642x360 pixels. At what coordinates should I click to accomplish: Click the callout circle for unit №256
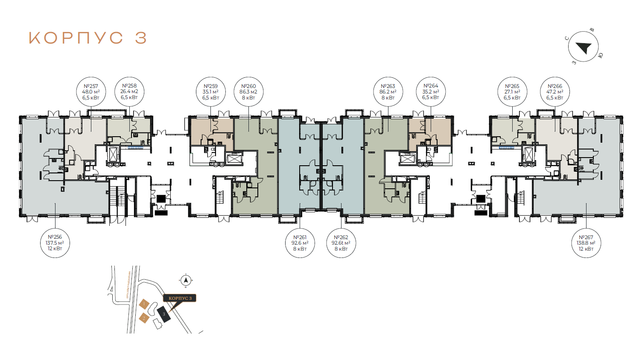pos(55,243)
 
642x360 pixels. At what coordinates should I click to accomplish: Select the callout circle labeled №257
pos(91,92)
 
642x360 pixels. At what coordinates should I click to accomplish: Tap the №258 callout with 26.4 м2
pos(129,92)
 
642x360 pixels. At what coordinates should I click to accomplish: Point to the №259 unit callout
pos(210,92)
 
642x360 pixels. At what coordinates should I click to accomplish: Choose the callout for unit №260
pos(248,92)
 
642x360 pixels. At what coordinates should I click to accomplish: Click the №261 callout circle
pos(300,243)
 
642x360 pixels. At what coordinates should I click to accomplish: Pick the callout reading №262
pos(341,243)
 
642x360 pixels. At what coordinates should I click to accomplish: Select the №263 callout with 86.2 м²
pos(388,92)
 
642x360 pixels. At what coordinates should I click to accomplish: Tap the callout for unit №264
pos(431,92)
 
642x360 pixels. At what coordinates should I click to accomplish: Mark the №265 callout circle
pos(512,92)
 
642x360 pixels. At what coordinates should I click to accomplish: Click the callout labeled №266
pos(555,92)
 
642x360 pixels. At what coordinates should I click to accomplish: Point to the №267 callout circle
pos(586,243)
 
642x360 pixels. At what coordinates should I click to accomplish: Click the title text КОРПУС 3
pos(88,38)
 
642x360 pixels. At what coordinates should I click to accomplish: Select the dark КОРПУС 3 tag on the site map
pos(180,298)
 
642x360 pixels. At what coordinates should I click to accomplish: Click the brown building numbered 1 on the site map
pos(144,304)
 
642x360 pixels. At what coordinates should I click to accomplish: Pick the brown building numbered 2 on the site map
pos(144,318)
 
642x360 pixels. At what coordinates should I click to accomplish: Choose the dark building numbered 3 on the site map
pos(163,314)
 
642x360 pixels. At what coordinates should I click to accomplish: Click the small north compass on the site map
pos(185,281)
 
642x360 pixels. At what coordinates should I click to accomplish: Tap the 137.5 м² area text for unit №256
pos(55,243)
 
